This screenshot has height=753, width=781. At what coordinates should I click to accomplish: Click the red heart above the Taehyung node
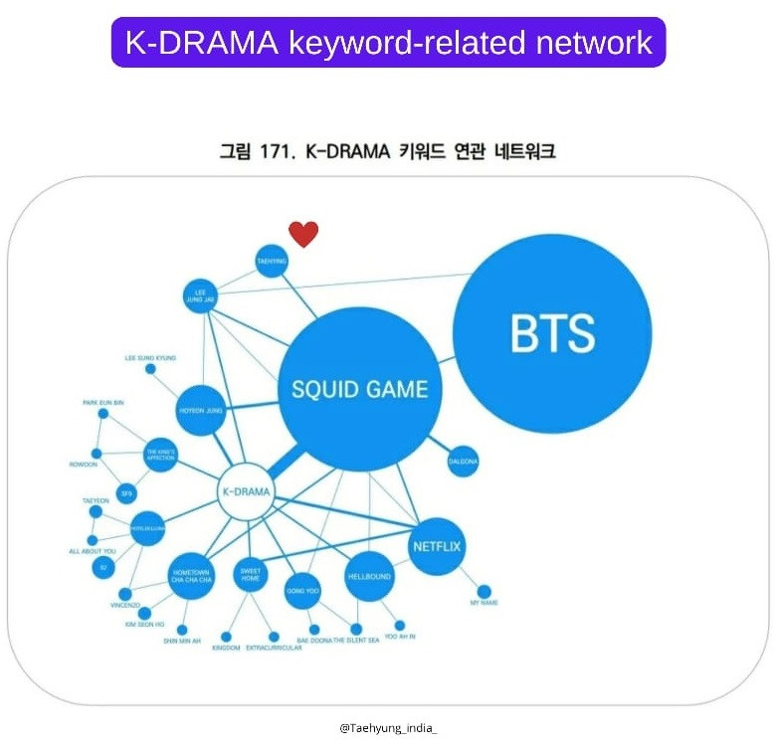tap(303, 234)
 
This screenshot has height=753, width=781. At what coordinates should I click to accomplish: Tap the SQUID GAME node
tap(359, 389)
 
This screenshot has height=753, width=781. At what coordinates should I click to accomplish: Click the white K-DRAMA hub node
tap(245, 491)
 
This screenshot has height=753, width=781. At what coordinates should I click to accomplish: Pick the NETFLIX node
tap(438, 546)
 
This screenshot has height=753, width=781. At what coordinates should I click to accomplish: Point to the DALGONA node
tap(464, 461)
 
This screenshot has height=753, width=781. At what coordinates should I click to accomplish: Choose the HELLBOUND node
tap(369, 576)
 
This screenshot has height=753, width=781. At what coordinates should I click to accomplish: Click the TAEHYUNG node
tap(272, 262)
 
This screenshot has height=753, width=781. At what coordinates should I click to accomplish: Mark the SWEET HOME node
tap(250, 575)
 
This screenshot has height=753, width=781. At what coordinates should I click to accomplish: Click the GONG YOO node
tap(302, 589)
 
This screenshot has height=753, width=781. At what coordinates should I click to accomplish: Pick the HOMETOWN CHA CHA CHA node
tap(193, 576)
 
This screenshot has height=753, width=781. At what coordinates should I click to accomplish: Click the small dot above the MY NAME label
tap(484, 591)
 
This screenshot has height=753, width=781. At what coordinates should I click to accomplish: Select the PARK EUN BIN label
tap(102, 402)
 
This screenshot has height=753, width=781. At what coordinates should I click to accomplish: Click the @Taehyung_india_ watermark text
tap(388, 727)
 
